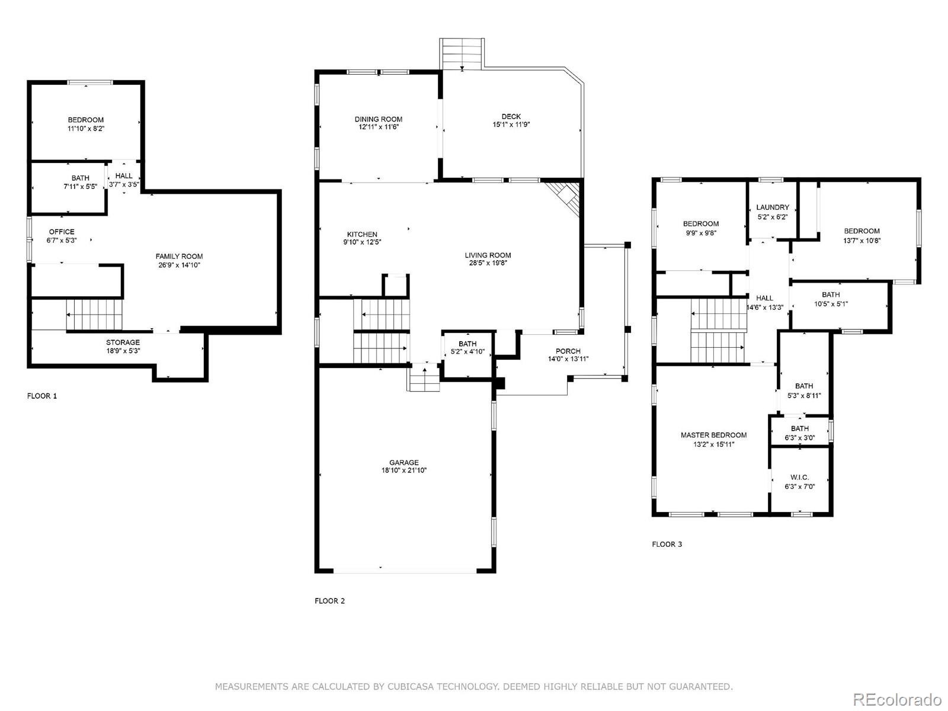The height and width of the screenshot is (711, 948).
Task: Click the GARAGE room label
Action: [x=404, y=462]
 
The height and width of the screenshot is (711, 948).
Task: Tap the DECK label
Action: [x=511, y=117]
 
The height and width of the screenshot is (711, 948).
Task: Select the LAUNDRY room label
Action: [x=773, y=207]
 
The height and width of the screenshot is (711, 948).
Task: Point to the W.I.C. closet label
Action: [x=799, y=477]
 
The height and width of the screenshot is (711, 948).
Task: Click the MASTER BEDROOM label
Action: [x=713, y=435]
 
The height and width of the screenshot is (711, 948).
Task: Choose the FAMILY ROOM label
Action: [x=179, y=257]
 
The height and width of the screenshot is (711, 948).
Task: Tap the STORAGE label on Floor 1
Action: [x=123, y=342]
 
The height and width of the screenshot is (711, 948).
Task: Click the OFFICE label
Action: [x=62, y=232]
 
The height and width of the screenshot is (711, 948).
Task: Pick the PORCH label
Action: [x=568, y=351]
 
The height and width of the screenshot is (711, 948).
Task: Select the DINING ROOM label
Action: [x=379, y=119]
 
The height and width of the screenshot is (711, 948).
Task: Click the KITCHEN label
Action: [x=362, y=235]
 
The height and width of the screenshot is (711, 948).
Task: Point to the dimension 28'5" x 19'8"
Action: [x=488, y=263]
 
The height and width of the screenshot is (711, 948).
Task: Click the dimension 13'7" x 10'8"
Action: [x=861, y=241]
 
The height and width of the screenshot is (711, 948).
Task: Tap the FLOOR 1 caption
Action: [x=42, y=396]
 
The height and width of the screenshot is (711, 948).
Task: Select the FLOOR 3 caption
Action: [x=667, y=545]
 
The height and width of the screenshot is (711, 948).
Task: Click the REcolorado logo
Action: [x=897, y=699]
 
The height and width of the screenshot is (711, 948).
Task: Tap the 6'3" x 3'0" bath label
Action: [x=799, y=433]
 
